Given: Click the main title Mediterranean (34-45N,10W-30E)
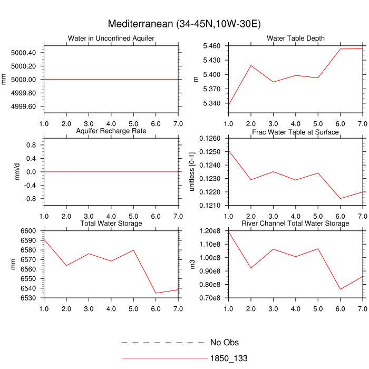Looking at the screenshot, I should point(184,24).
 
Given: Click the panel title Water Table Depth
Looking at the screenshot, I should point(295,38).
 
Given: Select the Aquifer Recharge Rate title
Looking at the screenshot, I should point(111,131).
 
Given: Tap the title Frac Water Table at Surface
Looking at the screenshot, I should point(295,132).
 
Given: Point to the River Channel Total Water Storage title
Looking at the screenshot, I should point(295,224).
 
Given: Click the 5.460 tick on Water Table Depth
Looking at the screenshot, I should point(212,46).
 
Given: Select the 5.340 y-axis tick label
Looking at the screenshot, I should point(212,103).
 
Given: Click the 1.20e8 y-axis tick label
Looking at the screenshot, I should point(209,230).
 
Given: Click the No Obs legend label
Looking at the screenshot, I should point(225,342).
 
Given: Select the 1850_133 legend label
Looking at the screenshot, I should point(229,358).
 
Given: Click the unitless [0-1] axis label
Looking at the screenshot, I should point(192,171).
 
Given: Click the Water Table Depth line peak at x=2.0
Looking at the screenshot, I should point(251,65).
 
